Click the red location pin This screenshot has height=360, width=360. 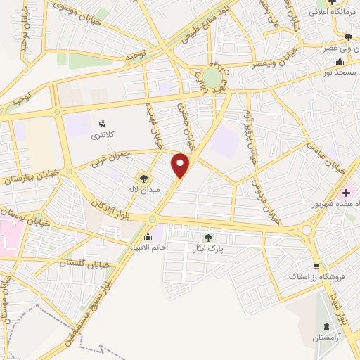tap(181, 165)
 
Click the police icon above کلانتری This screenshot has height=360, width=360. tap(103, 124)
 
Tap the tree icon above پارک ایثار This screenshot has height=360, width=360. tap(207, 238)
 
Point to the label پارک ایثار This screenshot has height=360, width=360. tap(207, 249)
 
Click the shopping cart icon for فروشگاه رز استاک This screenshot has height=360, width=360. tap(316, 266)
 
